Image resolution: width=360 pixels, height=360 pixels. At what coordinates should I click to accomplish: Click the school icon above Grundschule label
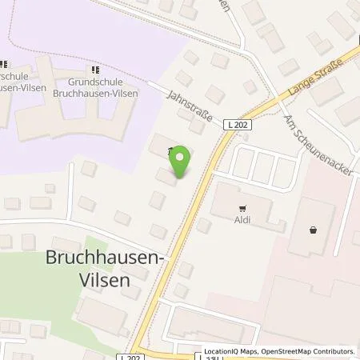97,70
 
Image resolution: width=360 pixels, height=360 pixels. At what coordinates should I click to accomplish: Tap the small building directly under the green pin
167,178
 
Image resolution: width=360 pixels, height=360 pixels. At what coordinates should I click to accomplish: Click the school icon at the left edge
3,64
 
